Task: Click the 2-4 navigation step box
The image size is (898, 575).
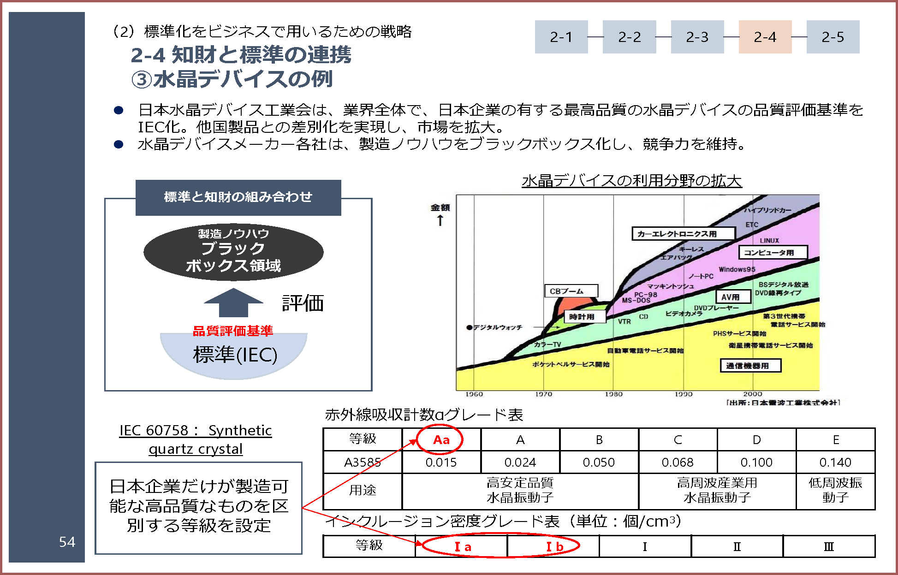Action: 765,37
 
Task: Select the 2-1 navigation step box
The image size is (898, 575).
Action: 561,37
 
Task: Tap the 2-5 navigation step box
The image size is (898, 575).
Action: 833,37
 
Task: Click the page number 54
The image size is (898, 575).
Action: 67,542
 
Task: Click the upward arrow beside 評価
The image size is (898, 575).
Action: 233,302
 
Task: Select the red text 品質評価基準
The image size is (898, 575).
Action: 233,331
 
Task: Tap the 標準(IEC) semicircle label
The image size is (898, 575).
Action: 235,355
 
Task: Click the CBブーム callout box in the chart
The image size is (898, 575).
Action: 571,291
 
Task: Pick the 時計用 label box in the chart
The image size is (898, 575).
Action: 585,317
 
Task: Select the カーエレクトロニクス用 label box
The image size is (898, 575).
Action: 683,234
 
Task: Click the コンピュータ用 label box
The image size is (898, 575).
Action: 773,252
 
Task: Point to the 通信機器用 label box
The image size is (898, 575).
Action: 750,366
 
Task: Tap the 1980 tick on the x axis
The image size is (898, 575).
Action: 613,394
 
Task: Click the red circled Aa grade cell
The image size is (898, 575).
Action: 441,439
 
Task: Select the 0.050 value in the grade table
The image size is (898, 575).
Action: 599,462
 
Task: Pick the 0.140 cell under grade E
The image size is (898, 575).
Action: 835,462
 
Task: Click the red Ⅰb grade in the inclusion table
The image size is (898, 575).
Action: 554,547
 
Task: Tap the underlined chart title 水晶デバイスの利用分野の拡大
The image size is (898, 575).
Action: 631,180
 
